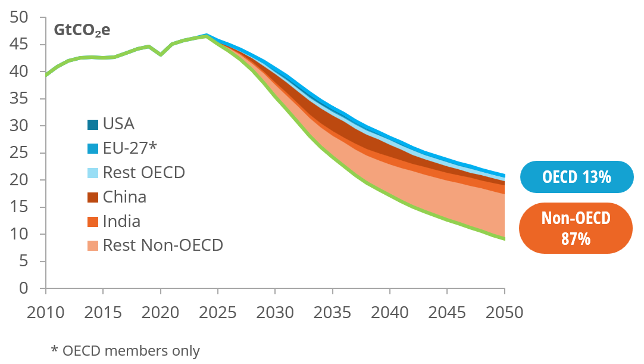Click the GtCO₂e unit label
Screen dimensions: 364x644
[x=82, y=30]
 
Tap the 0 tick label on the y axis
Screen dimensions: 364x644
[x=24, y=288]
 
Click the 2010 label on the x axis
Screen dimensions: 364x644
[x=45, y=312]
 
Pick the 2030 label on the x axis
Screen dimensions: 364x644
[x=275, y=312]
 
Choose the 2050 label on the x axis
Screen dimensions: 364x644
[x=504, y=312]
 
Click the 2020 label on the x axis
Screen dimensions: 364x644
[x=160, y=312]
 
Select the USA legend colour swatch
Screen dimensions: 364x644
[x=93, y=125]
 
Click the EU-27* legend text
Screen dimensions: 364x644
[x=129, y=148]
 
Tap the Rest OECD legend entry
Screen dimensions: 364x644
[x=143, y=173]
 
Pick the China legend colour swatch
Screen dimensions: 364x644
[x=93, y=197]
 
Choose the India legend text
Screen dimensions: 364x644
[x=121, y=222]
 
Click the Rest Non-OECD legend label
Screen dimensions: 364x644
[x=162, y=245]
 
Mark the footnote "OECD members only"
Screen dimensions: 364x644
[x=126, y=351]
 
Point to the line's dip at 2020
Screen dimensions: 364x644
[x=161, y=55]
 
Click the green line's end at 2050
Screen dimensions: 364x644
[x=504, y=239]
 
